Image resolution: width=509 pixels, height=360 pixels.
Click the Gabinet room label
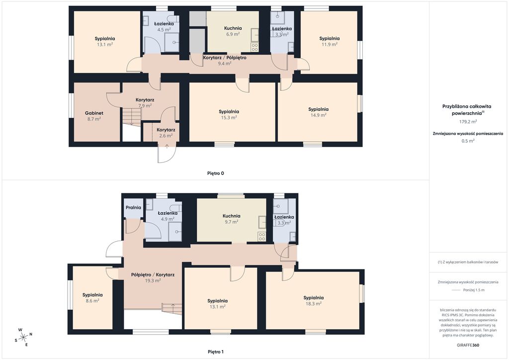pyautogui.click(x=94, y=113)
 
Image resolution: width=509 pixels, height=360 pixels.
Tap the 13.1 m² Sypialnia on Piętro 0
pyautogui.click(x=105, y=42)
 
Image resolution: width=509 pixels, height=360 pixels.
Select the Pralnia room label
pyautogui.click(x=133, y=207)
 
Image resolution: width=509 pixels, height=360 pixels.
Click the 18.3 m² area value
pyautogui.click(x=314, y=304)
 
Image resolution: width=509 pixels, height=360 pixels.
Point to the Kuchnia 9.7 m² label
pyautogui.click(x=232, y=219)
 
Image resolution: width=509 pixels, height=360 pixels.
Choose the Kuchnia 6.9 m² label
pyautogui.click(x=233, y=31)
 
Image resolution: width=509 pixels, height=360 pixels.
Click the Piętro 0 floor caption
pyautogui.click(x=216, y=174)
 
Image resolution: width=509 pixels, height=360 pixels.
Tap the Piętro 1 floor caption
pyautogui.click(x=216, y=352)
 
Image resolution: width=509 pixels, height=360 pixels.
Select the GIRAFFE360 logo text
pyautogui.click(x=468, y=345)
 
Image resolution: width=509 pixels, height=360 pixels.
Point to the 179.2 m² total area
pyautogui.click(x=468, y=122)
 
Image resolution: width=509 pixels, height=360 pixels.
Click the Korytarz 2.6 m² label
pyautogui.click(x=166, y=133)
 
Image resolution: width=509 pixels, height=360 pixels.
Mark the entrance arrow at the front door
pyautogui.click(x=167, y=146)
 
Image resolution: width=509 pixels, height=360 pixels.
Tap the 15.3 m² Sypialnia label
pyautogui.click(x=229, y=114)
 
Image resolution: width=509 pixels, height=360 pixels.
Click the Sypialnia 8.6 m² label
pyautogui.click(x=92, y=298)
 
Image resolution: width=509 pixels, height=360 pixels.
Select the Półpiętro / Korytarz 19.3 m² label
pyautogui.click(x=153, y=277)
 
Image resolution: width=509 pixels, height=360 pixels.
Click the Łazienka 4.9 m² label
pyautogui.click(x=168, y=216)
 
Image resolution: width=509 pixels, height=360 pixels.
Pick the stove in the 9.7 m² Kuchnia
pyautogui.click(x=262, y=237)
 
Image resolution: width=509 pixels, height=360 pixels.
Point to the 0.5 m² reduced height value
pyautogui.click(x=468, y=141)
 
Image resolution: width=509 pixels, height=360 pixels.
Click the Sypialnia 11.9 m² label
pyautogui.click(x=330, y=42)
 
